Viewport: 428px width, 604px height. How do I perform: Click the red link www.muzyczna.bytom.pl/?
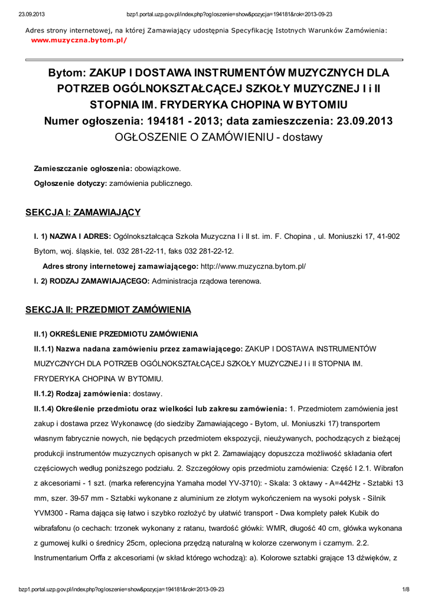tap(79, 40)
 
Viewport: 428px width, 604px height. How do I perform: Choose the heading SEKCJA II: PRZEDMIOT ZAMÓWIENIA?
tap(108, 309)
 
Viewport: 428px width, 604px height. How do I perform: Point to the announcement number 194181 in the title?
tap(166, 121)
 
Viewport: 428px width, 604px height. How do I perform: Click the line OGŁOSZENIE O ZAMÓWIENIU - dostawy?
tap(218, 137)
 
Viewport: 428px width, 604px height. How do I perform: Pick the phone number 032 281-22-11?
tap(128, 251)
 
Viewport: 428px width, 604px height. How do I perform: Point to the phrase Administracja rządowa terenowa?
tap(206, 281)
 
